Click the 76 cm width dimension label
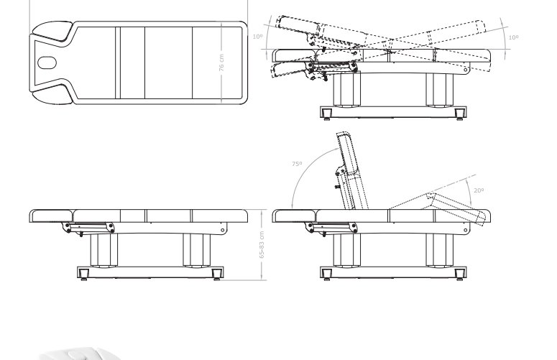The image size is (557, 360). tap(221, 63)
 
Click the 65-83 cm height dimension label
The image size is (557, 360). tap(262, 245)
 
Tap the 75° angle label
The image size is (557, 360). tap(297, 164)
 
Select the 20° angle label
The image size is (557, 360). tap(479, 190)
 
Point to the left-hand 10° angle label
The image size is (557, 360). tap(257, 37)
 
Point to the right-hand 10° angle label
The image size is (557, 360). tap(513, 37)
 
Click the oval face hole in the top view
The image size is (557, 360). tap(47, 63)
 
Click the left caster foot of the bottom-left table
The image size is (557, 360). tap(84, 274)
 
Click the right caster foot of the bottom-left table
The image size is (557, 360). tap(217, 274)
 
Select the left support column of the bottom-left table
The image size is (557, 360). tap(103, 249)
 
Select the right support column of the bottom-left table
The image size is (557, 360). tap(197, 249)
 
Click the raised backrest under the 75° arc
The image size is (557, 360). tap(351, 171)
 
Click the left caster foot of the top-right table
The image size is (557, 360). tap(326, 114)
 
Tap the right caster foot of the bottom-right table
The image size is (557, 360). tap(460, 274)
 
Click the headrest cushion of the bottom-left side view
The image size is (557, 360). tap(52, 216)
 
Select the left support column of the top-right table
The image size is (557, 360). tap(347, 89)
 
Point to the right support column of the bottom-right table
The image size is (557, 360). tap(440, 249)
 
